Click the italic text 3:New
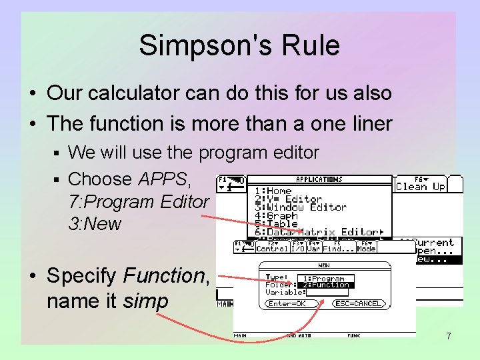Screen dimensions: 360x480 95,223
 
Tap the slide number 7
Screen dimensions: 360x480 448,336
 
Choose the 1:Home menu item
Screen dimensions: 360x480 273,191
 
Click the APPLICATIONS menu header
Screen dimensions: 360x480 319,179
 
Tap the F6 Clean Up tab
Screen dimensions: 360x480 420,183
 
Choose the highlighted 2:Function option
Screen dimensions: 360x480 326,285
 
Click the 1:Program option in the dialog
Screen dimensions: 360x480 325,278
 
